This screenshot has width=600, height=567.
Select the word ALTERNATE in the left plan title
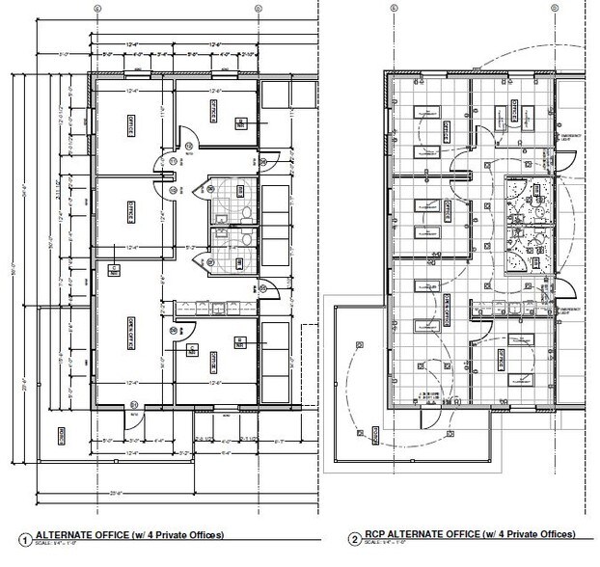pyautogui.click(x=68, y=533)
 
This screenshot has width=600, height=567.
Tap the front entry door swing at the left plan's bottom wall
pyautogui.click(x=128, y=420)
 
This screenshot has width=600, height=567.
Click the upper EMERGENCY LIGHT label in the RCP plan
pyautogui.click(x=571, y=140)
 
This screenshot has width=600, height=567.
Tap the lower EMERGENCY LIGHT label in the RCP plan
pyautogui.click(x=571, y=311)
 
